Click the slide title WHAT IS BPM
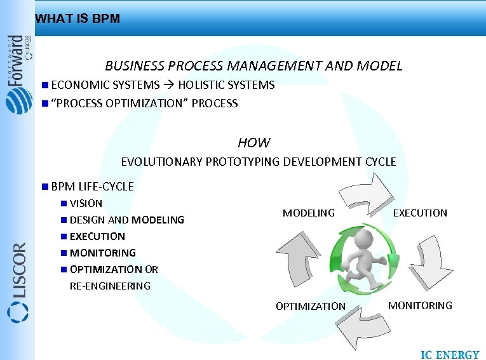tap(78, 19)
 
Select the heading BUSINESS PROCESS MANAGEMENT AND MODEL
tap(253, 66)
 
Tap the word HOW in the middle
tap(253, 143)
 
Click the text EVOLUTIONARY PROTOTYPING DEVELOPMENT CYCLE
tap(258, 162)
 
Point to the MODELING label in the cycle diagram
tap(308, 213)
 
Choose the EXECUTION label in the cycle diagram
tap(420, 213)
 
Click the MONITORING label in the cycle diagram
tap(420, 306)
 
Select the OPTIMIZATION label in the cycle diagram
tap(311, 307)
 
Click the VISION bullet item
tap(86, 204)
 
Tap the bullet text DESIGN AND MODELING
tap(126, 220)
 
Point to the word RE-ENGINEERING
tap(110, 286)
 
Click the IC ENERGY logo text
tap(450, 354)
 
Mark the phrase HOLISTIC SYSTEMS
tap(226, 85)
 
